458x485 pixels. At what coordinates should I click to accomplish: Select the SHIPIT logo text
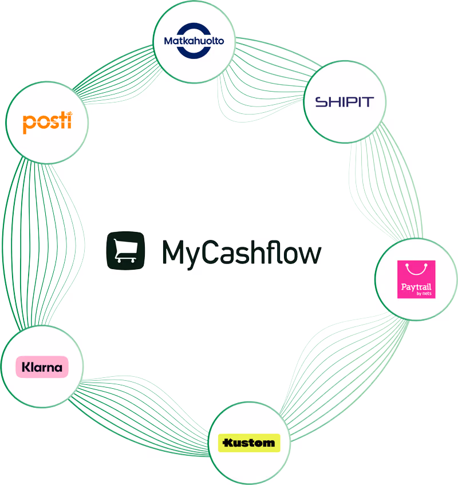click(345, 102)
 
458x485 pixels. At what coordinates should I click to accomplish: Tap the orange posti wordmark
click(47, 122)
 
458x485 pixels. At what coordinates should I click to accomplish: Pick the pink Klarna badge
click(42, 366)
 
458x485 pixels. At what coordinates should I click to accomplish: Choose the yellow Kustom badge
click(249, 443)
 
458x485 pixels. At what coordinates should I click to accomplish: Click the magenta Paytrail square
click(416, 279)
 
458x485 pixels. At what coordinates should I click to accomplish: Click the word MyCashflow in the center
click(240, 252)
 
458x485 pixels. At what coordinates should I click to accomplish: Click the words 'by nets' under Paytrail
click(424, 294)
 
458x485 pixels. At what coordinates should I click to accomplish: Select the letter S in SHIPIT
click(321, 102)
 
